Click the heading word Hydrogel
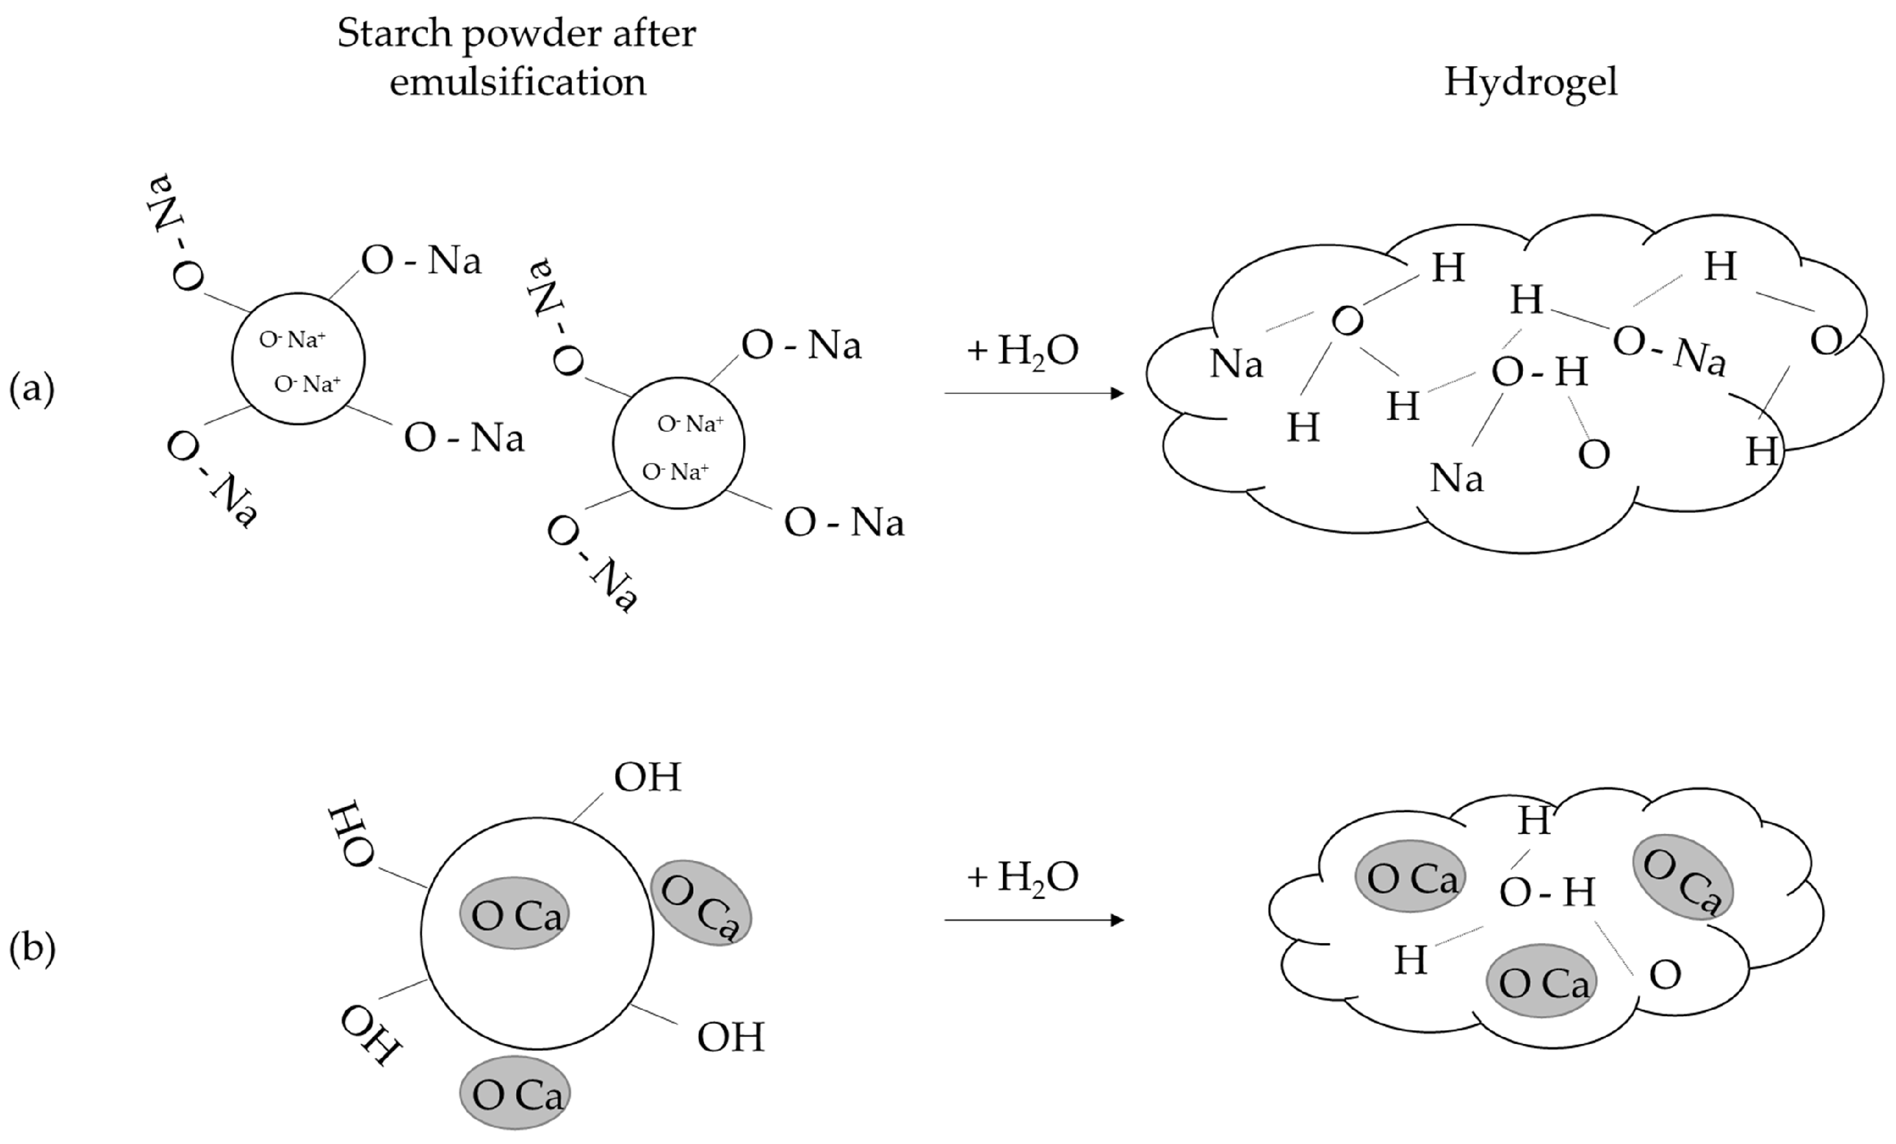pyautogui.click(x=1530, y=82)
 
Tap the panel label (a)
pyautogui.click(x=31, y=389)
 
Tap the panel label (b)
pyautogui.click(x=31, y=948)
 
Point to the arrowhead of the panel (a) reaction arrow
pyautogui.click(x=1118, y=393)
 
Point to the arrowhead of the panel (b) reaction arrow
pyautogui.click(x=1118, y=920)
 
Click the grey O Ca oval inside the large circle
pyautogui.click(x=515, y=913)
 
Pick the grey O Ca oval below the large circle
pyautogui.click(x=515, y=1093)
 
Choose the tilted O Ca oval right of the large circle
pyautogui.click(x=700, y=903)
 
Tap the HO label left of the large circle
pyautogui.click(x=351, y=833)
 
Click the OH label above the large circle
pyautogui.click(x=647, y=777)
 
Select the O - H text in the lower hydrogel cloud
pyautogui.click(x=1546, y=892)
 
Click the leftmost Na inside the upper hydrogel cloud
pyautogui.click(x=1236, y=364)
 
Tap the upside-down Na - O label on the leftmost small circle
pyautogui.click(x=174, y=233)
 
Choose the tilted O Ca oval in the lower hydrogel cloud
pyautogui.click(x=1683, y=877)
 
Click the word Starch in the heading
pyautogui.click(x=394, y=34)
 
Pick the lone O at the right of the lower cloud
pyautogui.click(x=1665, y=975)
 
